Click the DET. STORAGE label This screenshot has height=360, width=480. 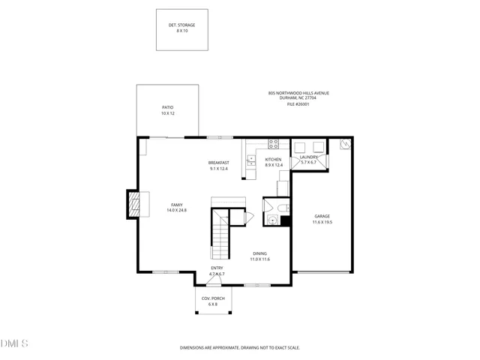click(x=181, y=25)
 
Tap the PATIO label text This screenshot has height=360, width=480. click(x=167, y=108)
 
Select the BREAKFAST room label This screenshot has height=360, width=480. click(x=218, y=163)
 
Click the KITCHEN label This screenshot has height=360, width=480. click(x=273, y=160)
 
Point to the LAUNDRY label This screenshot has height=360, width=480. click(x=310, y=157)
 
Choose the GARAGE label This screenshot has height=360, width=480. click(x=322, y=217)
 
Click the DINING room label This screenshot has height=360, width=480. click(x=259, y=253)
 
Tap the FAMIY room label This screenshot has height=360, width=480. click(x=177, y=205)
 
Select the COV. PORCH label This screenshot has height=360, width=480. click(x=213, y=298)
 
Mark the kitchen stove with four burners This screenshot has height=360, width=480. click(x=274, y=143)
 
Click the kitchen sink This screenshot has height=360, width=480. click(x=251, y=159)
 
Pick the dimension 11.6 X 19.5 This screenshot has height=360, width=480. click(x=322, y=222)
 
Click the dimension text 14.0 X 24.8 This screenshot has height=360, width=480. click(x=177, y=211)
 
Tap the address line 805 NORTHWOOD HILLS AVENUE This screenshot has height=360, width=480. click(x=298, y=93)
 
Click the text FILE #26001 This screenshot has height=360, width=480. click(x=298, y=104)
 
